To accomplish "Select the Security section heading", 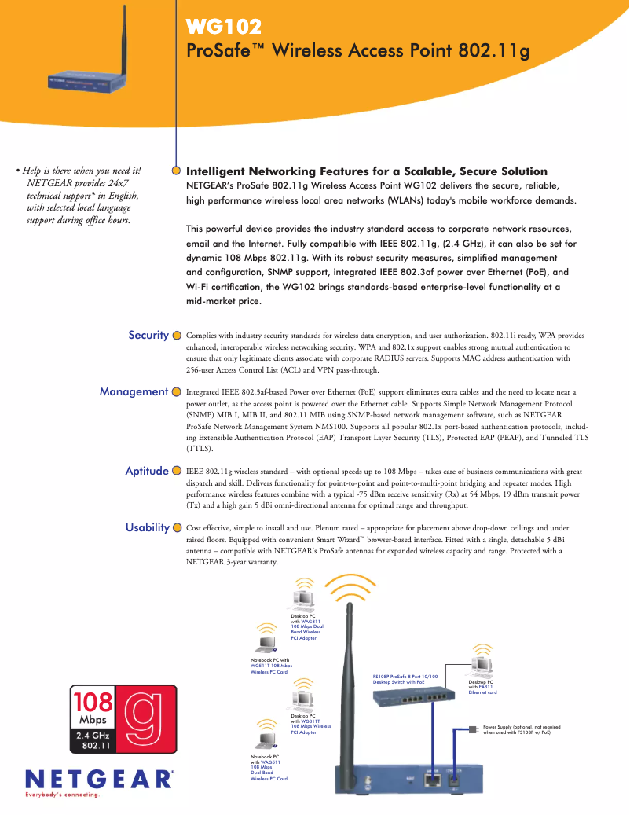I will (148, 335).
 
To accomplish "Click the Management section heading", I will (134, 391).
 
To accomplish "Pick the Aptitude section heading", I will (147, 471).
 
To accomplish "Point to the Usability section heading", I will (147, 527).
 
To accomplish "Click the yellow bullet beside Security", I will (177, 336).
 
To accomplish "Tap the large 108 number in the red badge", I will (93, 701).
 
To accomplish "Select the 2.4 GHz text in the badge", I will (94, 736).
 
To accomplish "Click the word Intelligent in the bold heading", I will (222, 171).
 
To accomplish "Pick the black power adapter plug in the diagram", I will (471, 729).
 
